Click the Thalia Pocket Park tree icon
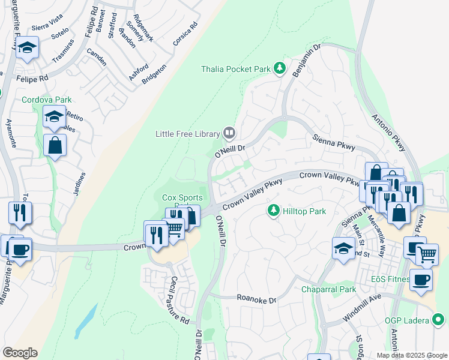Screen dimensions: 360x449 pos(279,69)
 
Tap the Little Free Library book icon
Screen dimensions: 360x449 pos(229,133)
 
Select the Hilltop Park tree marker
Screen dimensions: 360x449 pos(274,211)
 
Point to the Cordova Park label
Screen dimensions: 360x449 pos(43,100)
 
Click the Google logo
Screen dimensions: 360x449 pos(20,353)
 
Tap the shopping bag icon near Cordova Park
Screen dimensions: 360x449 pos(55,145)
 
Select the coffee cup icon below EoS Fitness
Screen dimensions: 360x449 pos(421,279)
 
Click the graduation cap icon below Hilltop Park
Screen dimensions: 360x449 pos(343,248)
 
